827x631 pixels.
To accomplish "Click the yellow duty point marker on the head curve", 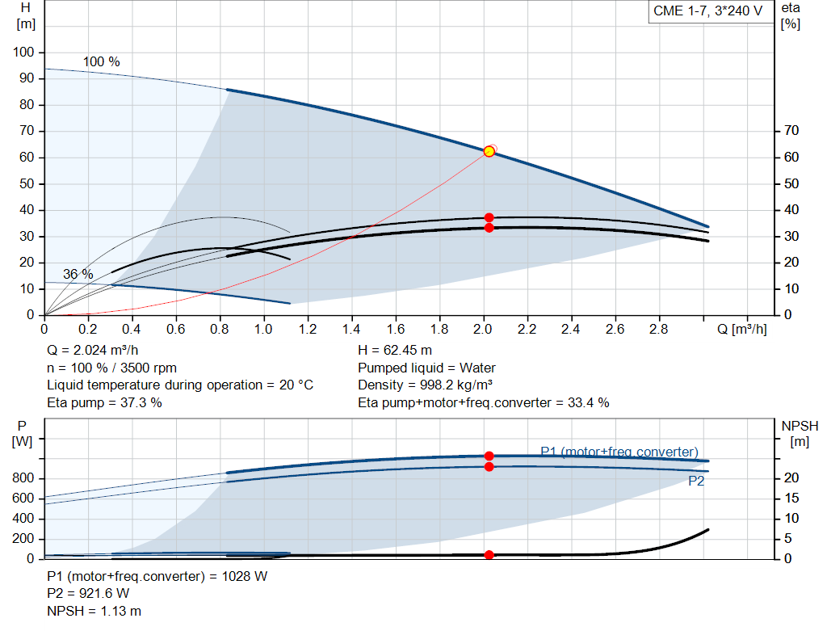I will tap(489, 152).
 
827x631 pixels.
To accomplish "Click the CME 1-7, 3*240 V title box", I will tap(707, 11).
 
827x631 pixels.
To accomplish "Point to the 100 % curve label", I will tap(101, 62).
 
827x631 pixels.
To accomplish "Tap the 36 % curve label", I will tap(78, 275).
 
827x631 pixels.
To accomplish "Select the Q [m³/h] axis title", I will tap(741, 329).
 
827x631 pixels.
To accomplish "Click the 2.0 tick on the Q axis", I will tap(483, 329).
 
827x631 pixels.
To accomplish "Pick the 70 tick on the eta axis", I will tap(791, 131).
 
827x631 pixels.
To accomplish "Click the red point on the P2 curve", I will tap(489, 467).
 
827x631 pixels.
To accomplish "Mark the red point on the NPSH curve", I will tap(489, 555).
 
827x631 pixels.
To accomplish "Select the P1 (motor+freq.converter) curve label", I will tap(619, 452).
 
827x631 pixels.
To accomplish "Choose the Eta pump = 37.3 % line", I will tap(104, 402).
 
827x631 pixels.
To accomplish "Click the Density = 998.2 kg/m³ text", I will tap(425, 385).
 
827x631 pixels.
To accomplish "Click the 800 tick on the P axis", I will tap(25, 478).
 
